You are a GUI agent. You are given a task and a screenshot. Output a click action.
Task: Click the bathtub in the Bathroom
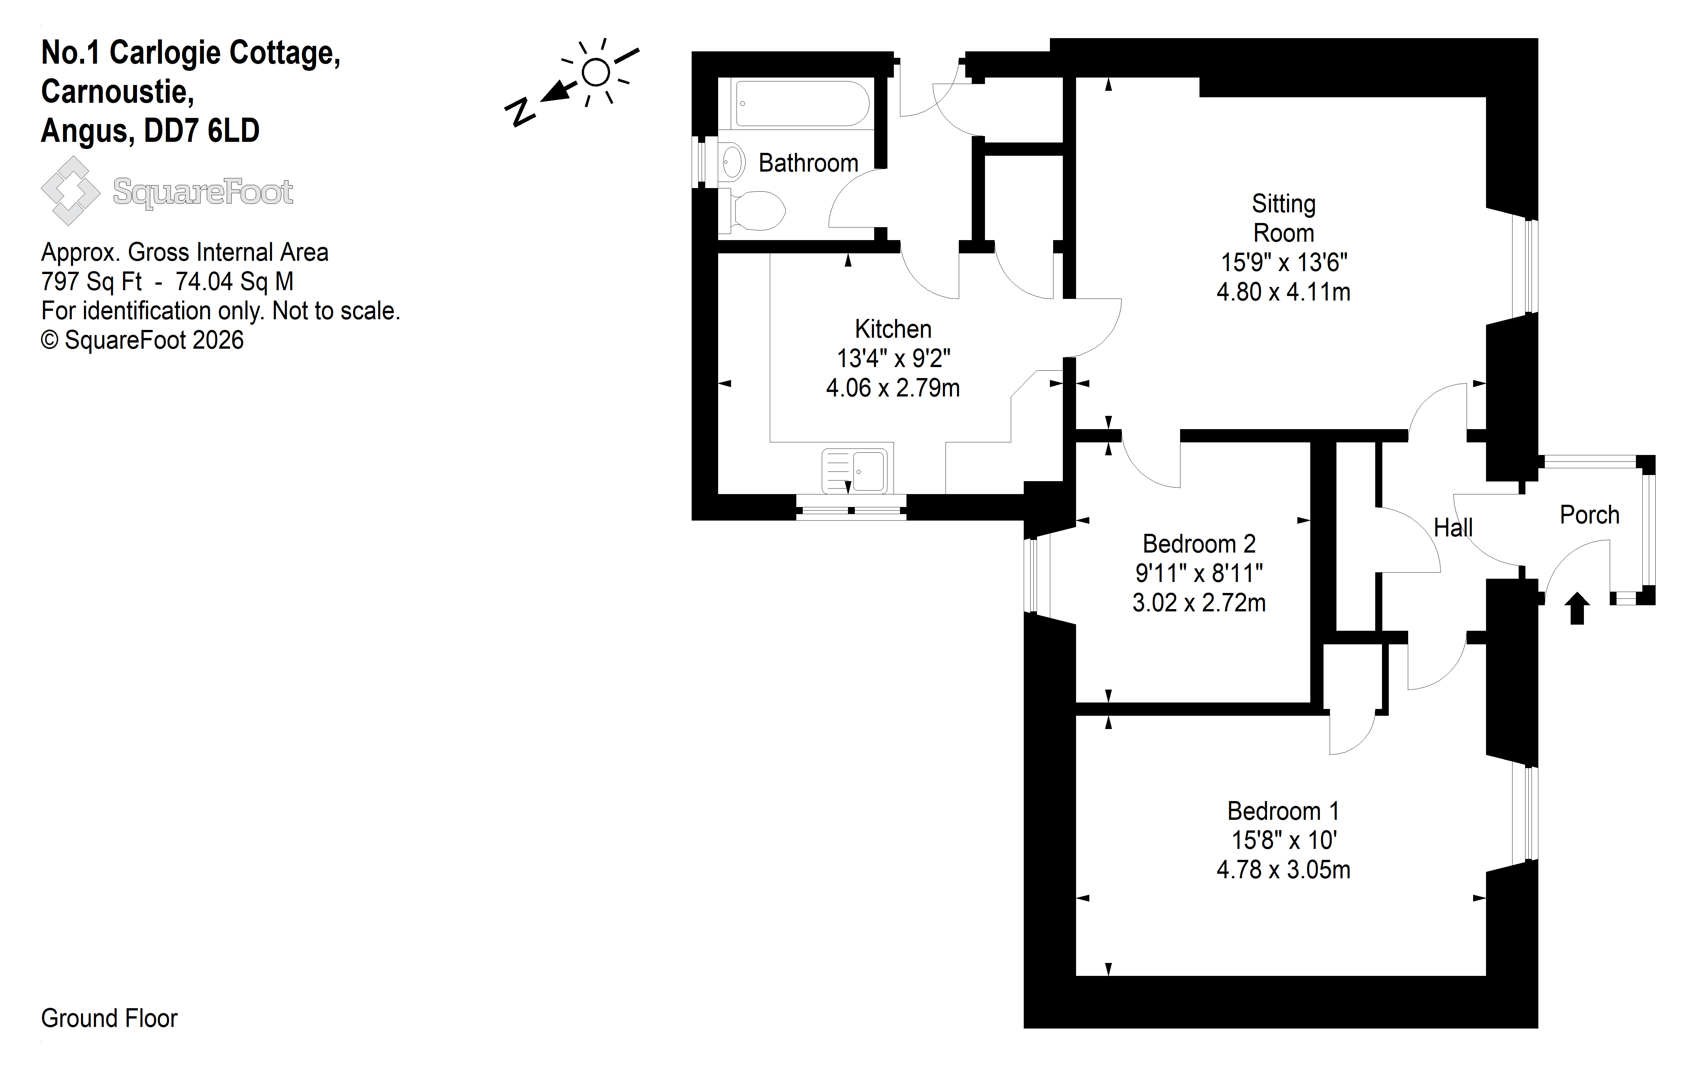[x=802, y=104]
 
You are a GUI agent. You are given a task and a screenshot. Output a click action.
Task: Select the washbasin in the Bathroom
[x=732, y=162]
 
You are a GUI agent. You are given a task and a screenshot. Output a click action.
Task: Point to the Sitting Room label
[x=1283, y=218]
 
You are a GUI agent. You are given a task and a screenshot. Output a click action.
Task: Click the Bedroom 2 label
[x=1199, y=544]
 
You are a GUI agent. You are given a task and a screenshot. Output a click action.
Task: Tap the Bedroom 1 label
[x=1283, y=811]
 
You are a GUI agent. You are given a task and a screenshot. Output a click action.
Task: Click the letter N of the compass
[x=520, y=113]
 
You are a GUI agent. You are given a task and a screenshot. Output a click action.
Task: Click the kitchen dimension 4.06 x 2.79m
[x=893, y=388]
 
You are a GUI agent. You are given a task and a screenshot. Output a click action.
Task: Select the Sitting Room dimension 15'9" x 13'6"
[x=1283, y=263]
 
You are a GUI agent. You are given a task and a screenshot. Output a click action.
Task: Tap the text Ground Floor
[x=109, y=1019]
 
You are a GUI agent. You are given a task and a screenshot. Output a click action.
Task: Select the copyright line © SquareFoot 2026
[x=142, y=340]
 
